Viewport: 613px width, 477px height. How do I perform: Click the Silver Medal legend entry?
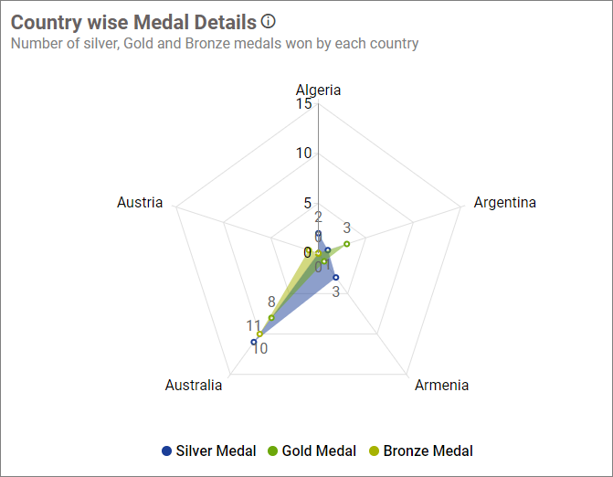coord(208,450)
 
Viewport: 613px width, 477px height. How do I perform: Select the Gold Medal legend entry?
coord(312,450)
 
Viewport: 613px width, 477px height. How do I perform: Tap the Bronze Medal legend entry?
coord(420,450)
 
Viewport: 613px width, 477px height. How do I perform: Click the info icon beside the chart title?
coord(268,21)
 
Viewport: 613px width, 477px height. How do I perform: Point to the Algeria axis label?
coord(318,90)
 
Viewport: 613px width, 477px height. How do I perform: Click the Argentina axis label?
coord(504,202)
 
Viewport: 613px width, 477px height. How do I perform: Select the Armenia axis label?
coord(441,385)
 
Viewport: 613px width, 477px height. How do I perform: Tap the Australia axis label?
coord(194,385)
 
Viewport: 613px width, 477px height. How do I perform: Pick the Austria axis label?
coord(140,202)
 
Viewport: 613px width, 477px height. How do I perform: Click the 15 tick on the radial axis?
coord(304,104)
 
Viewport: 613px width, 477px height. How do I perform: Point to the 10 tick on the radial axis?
coord(304,153)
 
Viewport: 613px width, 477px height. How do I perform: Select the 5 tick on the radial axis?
coord(308,203)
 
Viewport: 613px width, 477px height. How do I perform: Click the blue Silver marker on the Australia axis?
coord(254,342)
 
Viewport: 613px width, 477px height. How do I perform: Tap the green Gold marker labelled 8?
coord(271,317)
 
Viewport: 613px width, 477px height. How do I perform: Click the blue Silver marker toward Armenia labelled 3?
coord(336,277)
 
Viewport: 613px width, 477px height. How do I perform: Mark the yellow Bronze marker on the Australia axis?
coord(260,334)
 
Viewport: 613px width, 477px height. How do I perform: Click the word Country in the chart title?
coord(44,22)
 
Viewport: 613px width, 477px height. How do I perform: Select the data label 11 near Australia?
coord(253,325)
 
